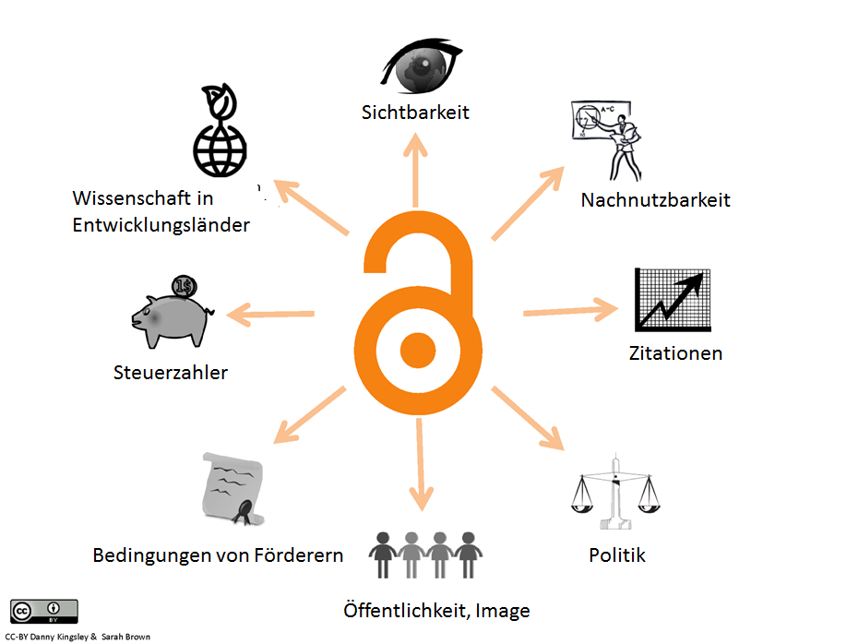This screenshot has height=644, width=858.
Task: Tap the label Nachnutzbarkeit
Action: pos(655,199)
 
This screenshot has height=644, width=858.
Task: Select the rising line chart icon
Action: pos(673,300)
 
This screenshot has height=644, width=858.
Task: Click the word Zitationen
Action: pos(675,353)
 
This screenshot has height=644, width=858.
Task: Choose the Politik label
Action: pos(617,555)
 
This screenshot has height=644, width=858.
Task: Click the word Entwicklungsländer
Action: pos(161,224)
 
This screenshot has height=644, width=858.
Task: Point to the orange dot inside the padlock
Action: pos(418,348)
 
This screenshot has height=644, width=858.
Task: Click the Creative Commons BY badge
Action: pos(43,612)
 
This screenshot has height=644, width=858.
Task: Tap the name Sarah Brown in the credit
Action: pos(124,637)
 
